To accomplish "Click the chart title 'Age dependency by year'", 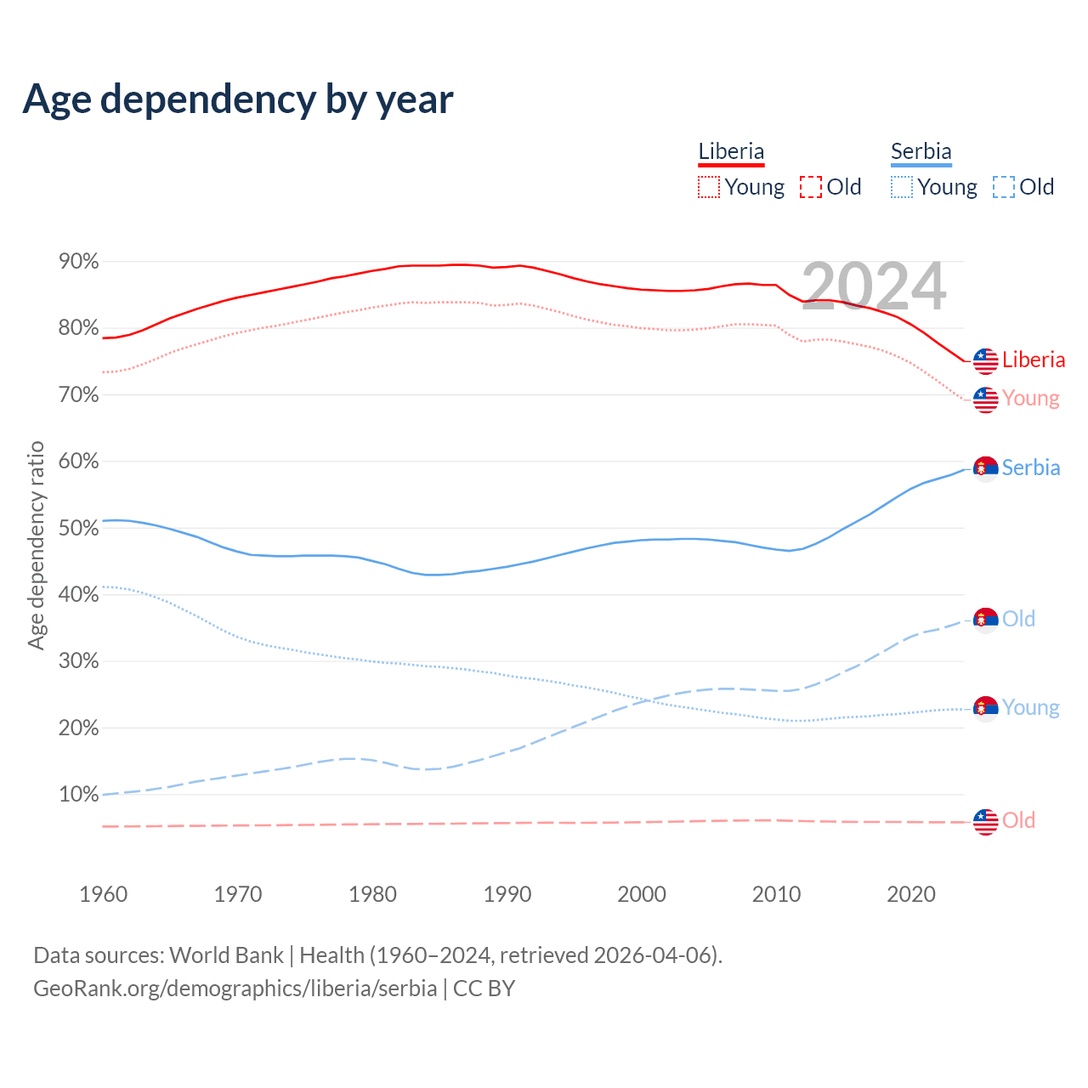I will point(238,99).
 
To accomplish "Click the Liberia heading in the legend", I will point(731,151).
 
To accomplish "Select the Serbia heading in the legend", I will point(921,151).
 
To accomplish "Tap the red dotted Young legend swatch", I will point(708,187).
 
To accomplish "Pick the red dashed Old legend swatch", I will point(811,187).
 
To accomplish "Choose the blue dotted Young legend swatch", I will point(901,187).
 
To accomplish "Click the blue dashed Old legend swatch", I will point(1004,187).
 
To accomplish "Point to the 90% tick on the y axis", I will point(79,262).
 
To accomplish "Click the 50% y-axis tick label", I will point(79,528).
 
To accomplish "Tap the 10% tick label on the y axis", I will point(79,795).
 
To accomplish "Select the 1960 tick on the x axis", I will point(103,894).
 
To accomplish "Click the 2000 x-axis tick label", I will point(642,894).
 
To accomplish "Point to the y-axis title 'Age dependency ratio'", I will point(36,545).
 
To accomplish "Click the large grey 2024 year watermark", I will point(874,287).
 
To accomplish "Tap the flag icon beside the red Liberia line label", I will point(985,361).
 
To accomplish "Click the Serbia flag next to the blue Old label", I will point(985,620).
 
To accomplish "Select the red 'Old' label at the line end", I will point(1018,820).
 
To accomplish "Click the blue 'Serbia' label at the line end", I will point(1031,467).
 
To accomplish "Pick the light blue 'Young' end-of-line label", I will point(1030,707).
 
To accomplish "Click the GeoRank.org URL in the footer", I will point(235,989).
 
